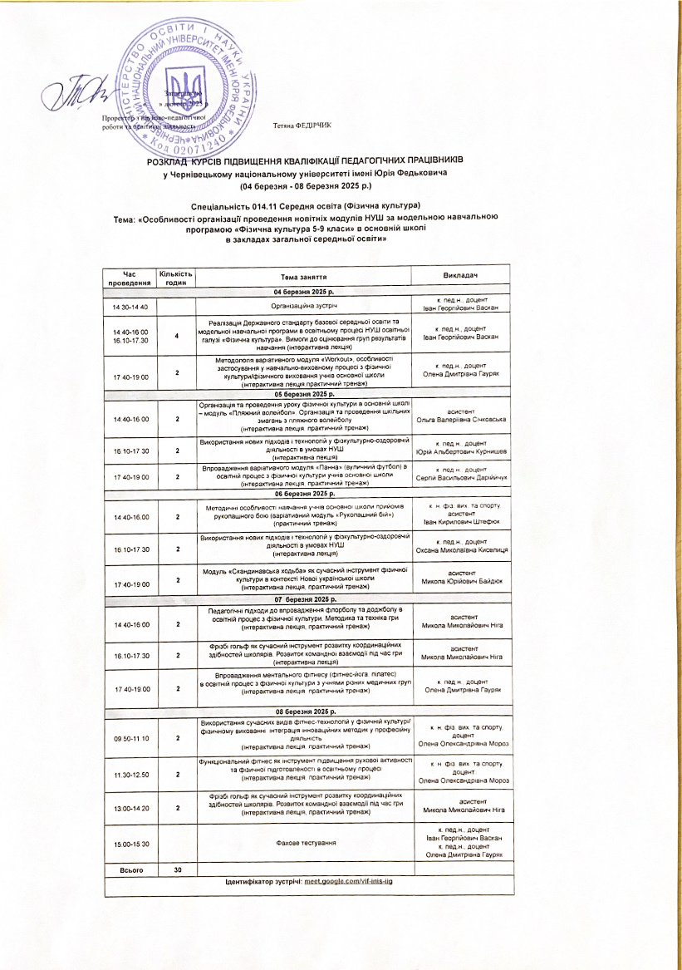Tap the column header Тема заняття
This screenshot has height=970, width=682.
click(303, 276)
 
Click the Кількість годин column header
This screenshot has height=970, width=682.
click(177, 277)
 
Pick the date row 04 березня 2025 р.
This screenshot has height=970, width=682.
click(305, 293)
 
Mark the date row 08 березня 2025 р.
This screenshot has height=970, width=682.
click(305, 712)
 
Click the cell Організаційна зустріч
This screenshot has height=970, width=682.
click(303, 308)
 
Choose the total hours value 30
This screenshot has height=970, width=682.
click(178, 869)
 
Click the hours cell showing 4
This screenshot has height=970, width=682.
click(178, 336)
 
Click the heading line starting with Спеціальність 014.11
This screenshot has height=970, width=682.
click(305, 204)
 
